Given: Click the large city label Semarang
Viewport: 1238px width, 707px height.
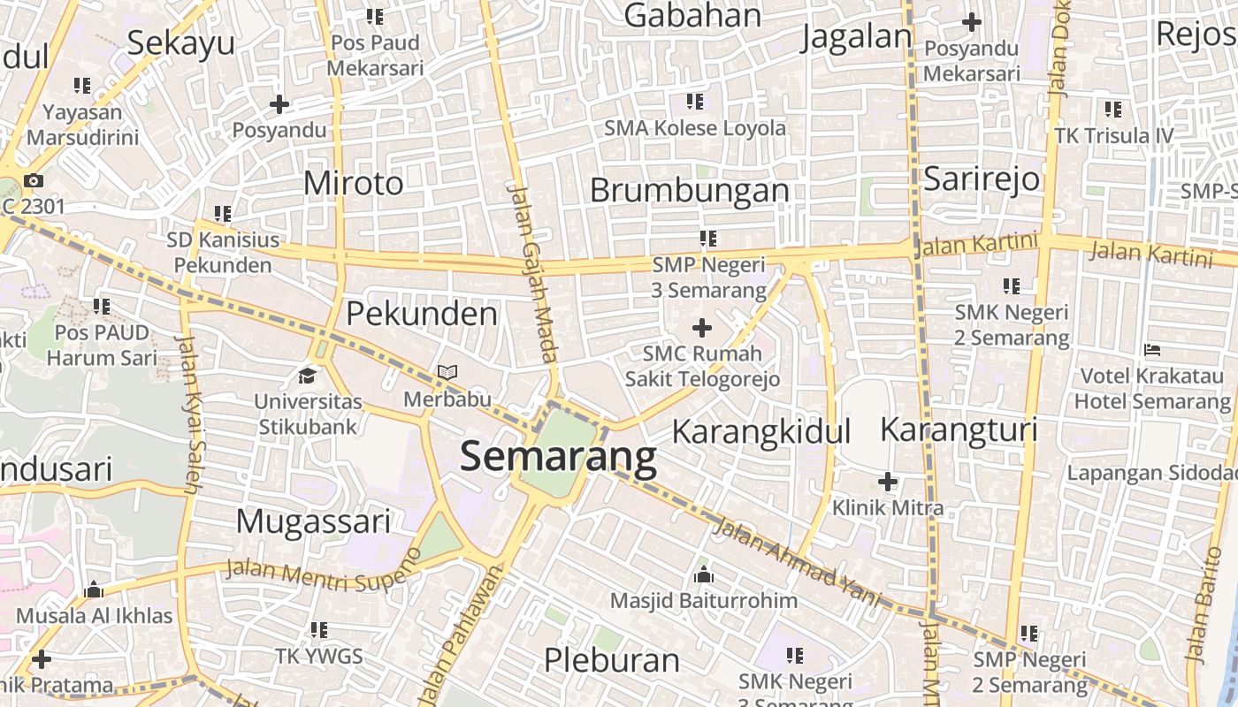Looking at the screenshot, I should (x=558, y=457).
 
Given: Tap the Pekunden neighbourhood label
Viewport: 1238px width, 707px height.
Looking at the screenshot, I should (x=421, y=314).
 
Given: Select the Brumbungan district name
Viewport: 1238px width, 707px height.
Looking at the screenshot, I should (x=689, y=190).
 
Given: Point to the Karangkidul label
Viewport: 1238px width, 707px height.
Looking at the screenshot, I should (x=761, y=431).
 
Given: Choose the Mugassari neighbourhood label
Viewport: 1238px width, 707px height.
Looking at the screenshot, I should (x=313, y=521).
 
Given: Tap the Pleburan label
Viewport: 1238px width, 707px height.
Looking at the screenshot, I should (x=611, y=659).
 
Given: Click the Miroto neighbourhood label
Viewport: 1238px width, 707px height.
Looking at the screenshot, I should (x=353, y=183).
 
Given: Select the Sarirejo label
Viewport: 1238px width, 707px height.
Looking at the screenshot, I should (x=981, y=179).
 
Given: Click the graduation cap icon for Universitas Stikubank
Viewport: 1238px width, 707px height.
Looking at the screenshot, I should (x=308, y=376).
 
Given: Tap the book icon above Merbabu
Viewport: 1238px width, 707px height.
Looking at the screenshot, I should (x=447, y=373).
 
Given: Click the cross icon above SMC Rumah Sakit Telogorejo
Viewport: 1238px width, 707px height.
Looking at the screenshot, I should (x=702, y=328).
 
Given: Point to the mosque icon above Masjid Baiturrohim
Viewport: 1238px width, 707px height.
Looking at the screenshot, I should (x=704, y=575).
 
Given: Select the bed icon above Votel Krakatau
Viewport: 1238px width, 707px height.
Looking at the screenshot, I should (x=1151, y=350).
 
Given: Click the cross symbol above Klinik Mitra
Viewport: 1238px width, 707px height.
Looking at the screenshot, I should (x=888, y=482).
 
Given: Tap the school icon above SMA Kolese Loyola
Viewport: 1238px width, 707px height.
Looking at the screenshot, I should (x=695, y=102).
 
